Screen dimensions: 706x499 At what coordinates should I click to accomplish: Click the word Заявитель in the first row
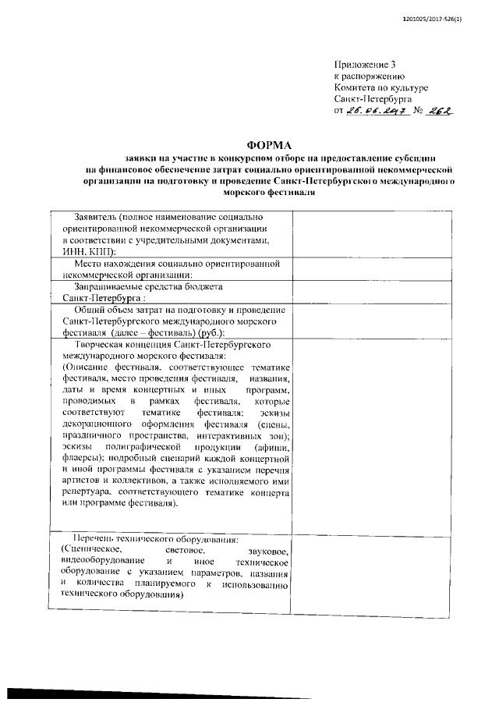97,216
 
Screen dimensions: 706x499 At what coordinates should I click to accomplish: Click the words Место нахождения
111,265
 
